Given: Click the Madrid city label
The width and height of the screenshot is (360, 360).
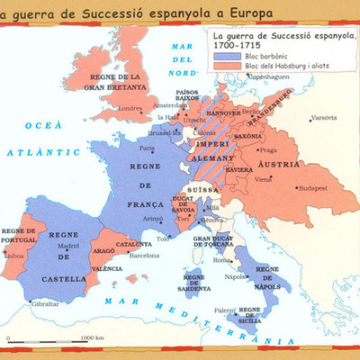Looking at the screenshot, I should click(x=70, y=245).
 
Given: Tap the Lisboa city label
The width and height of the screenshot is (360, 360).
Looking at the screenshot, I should click(x=15, y=255).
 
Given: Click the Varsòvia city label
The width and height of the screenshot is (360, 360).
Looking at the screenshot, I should click(x=324, y=118).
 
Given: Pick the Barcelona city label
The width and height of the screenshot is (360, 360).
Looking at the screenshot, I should click(x=143, y=255).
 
